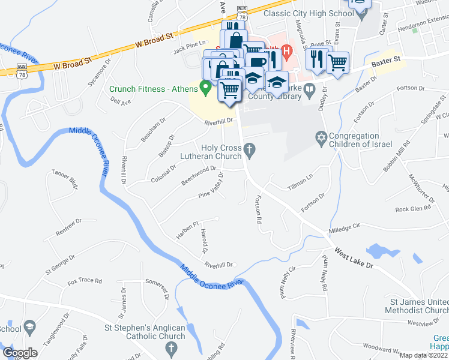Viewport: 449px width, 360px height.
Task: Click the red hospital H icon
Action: point(286,52)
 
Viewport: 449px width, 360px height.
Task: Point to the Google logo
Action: point(20,353)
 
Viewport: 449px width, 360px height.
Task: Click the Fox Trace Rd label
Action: point(85,281)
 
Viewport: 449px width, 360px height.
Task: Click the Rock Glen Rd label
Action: point(414,209)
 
